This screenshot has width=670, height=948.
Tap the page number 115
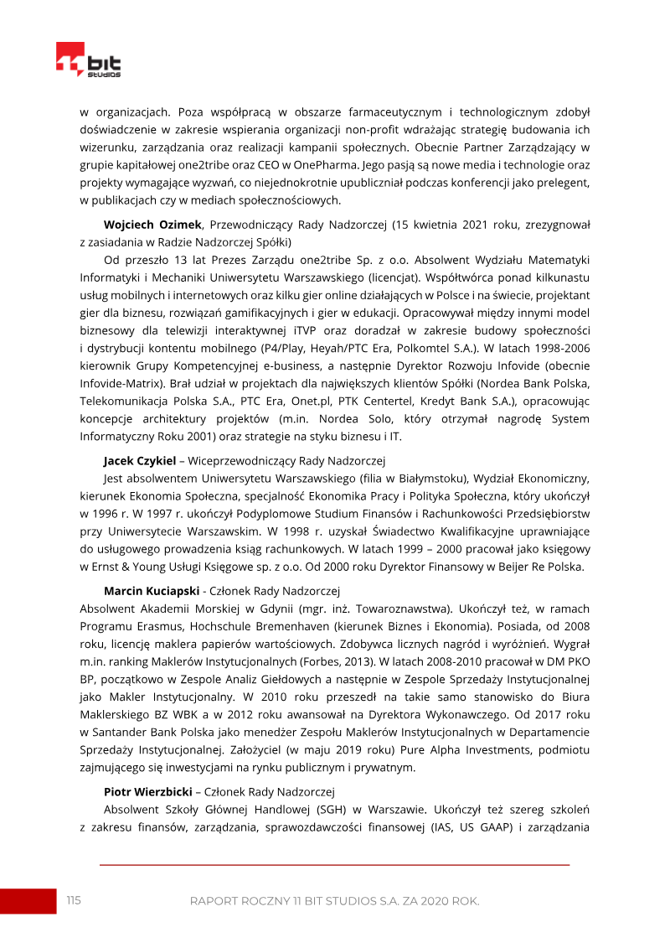coord(75,900)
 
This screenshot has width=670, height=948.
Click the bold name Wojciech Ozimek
coord(153,225)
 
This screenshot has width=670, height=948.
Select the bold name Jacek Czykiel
coord(140,460)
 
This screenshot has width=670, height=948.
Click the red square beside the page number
coord(28,901)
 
